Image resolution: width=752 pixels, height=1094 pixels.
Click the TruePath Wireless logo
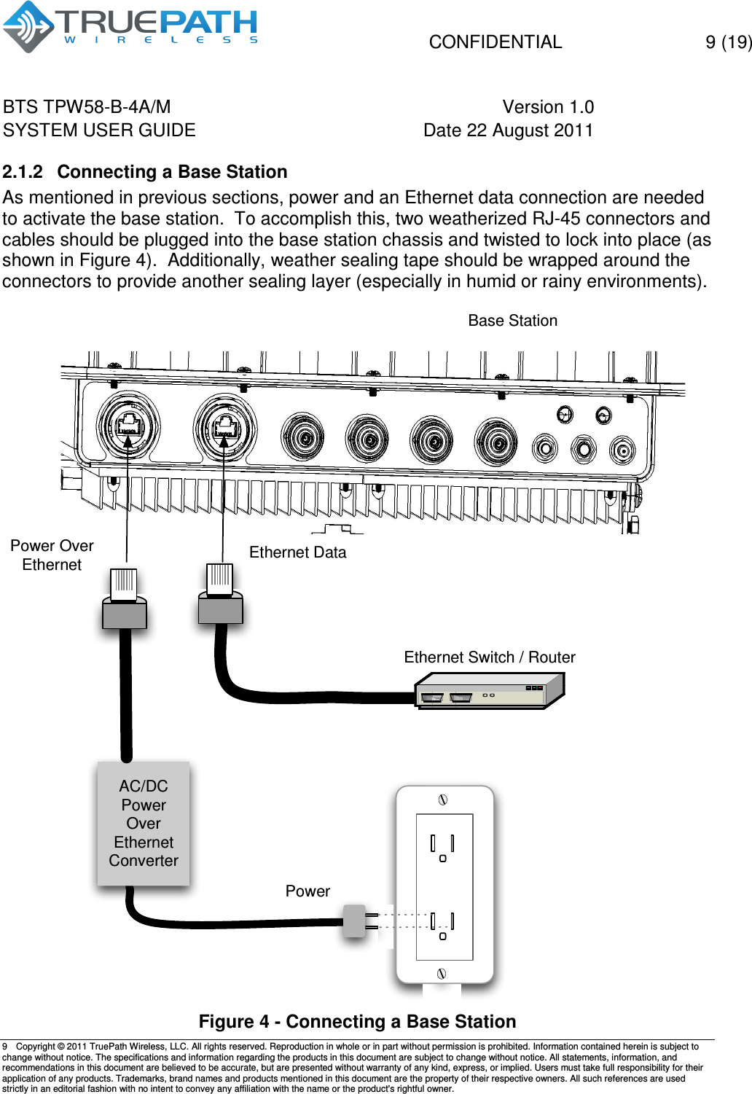131,27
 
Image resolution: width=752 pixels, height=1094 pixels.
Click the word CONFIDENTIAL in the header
495,42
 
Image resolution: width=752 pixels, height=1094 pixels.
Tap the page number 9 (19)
727,42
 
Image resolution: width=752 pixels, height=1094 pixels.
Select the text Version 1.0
548,107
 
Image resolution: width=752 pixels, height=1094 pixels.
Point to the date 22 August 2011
508,130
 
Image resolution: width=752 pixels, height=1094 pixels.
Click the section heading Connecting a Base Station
172,172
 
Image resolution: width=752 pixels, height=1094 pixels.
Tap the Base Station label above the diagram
512,321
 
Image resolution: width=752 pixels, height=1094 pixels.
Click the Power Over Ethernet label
52,555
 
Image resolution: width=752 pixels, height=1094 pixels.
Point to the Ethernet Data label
297,552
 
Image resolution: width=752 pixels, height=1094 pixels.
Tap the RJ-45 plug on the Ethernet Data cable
220,593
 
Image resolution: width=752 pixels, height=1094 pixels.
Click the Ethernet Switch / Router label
489,657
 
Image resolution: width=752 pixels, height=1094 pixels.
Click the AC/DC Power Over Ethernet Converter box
144,824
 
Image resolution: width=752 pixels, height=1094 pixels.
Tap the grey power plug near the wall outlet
354,921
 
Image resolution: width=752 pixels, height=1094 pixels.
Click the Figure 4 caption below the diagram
357,1022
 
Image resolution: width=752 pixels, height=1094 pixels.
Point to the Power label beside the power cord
308,891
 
